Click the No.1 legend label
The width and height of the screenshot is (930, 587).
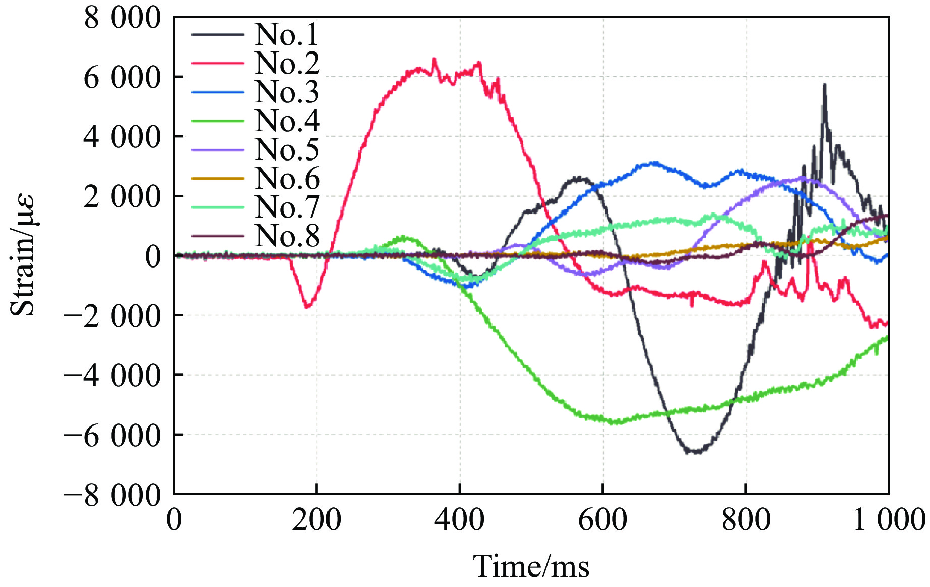tap(287, 34)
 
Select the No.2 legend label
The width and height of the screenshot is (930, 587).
tap(287, 63)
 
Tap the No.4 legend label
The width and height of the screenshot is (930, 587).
tap(287, 121)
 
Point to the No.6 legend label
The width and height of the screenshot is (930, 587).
tap(287, 178)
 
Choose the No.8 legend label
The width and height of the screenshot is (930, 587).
tap(287, 236)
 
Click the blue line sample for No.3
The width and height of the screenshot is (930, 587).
tap(217, 92)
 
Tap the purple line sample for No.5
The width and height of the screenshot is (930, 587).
tap(217, 150)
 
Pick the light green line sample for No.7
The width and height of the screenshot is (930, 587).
tap(217, 207)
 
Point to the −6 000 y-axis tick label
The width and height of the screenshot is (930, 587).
tap(112, 435)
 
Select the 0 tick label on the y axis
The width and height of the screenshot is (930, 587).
tap(153, 256)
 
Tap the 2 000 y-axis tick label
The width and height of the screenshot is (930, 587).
tap(122, 197)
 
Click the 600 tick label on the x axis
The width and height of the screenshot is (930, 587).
tap(603, 520)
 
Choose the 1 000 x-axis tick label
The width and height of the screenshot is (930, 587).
tap(889, 520)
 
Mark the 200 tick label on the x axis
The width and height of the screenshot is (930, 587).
tap(316, 520)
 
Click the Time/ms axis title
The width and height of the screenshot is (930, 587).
tap(531, 566)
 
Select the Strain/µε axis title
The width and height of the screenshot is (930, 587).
tap(23, 255)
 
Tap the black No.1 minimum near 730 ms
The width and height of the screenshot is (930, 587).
tap(695, 452)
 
